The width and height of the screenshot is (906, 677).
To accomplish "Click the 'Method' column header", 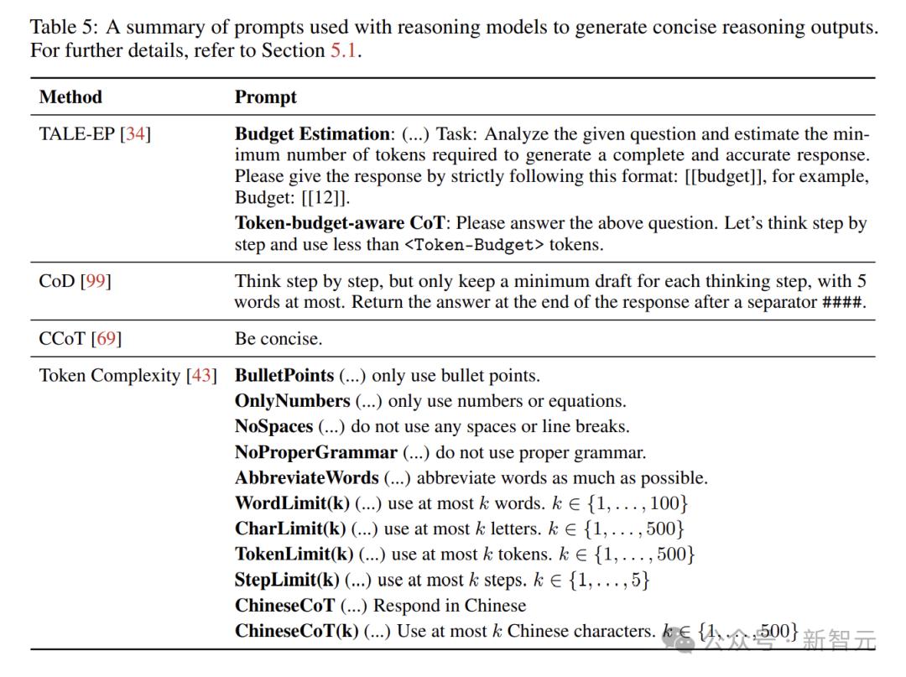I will tap(70, 97).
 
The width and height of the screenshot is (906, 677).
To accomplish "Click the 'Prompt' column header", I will tap(265, 97).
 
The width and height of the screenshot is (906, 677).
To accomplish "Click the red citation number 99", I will tap(95, 281).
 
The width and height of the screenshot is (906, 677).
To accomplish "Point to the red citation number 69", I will tap(107, 339).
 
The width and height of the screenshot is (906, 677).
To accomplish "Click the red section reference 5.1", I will tap(344, 50).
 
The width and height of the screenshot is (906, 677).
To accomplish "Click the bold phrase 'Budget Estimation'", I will tap(312, 134).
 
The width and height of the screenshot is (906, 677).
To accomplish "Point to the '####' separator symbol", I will tap(841, 302).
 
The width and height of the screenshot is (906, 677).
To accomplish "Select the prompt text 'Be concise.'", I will tap(278, 339).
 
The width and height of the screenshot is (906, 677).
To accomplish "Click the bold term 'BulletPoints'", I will tap(284, 376).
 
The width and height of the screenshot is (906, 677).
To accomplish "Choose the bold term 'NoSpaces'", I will tap(273, 426).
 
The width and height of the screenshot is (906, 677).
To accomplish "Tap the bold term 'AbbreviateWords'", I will tap(306, 477).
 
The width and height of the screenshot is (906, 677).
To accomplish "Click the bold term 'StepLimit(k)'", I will tap(287, 580).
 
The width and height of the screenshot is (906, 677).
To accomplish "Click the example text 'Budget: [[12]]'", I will tap(290, 197).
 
